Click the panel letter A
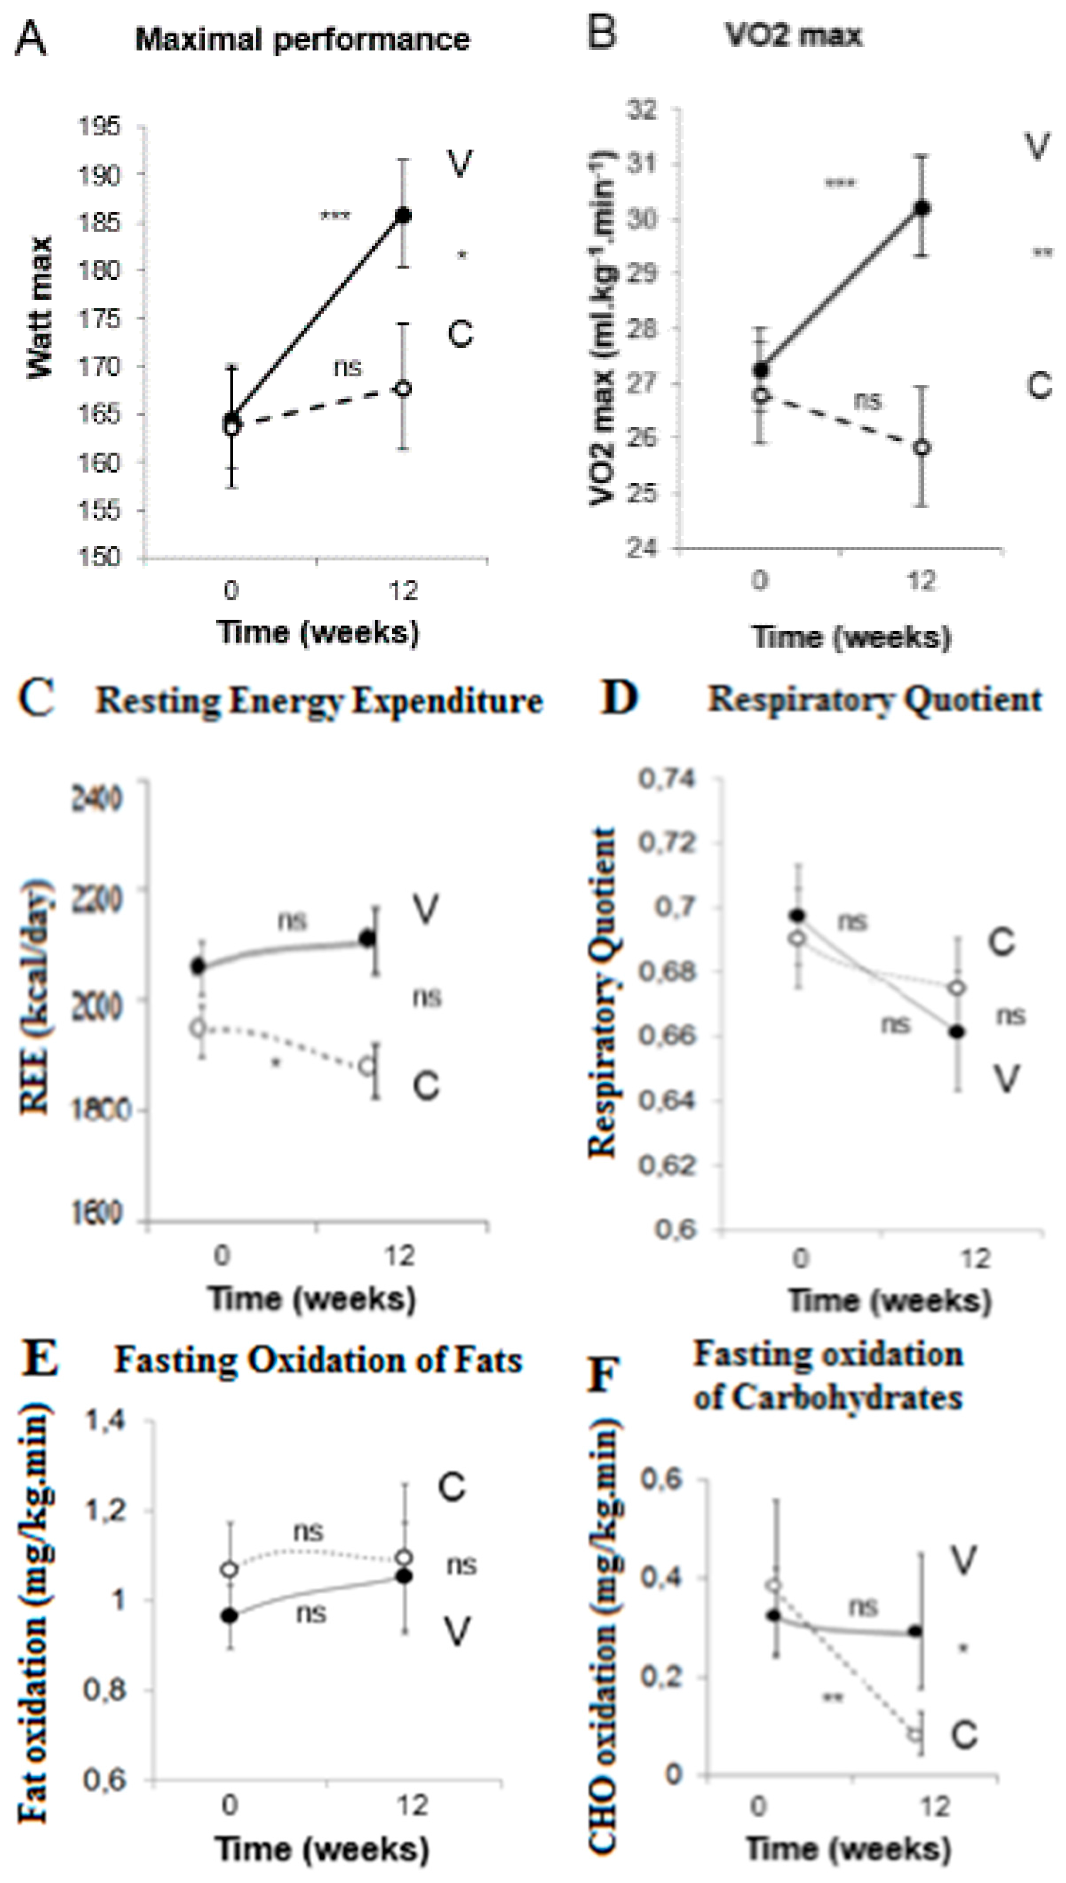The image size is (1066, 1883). click(30, 39)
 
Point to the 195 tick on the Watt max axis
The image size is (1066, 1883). click(99, 127)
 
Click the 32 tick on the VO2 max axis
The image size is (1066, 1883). click(642, 110)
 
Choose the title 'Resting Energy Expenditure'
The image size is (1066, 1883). click(319, 701)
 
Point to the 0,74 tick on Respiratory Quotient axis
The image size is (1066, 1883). click(666, 779)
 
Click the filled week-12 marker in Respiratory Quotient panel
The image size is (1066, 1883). click(957, 1032)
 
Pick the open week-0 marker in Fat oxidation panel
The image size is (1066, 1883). click(230, 1570)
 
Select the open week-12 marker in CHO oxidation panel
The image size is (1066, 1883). click(915, 1734)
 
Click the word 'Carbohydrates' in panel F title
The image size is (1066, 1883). click(847, 1397)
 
